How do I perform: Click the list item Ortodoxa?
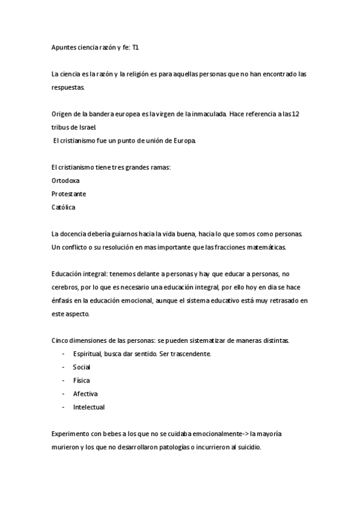click(x=66, y=180)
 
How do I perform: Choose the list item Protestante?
click(x=69, y=194)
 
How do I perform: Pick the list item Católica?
click(x=64, y=207)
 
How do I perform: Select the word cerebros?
click(x=66, y=287)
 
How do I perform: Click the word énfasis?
click(x=64, y=301)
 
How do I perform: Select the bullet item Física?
click(x=81, y=380)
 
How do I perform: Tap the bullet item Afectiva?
click(x=85, y=394)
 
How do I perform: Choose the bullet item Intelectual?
click(x=88, y=407)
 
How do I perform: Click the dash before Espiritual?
click(x=64, y=354)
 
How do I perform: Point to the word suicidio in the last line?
click(x=248, y=448)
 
